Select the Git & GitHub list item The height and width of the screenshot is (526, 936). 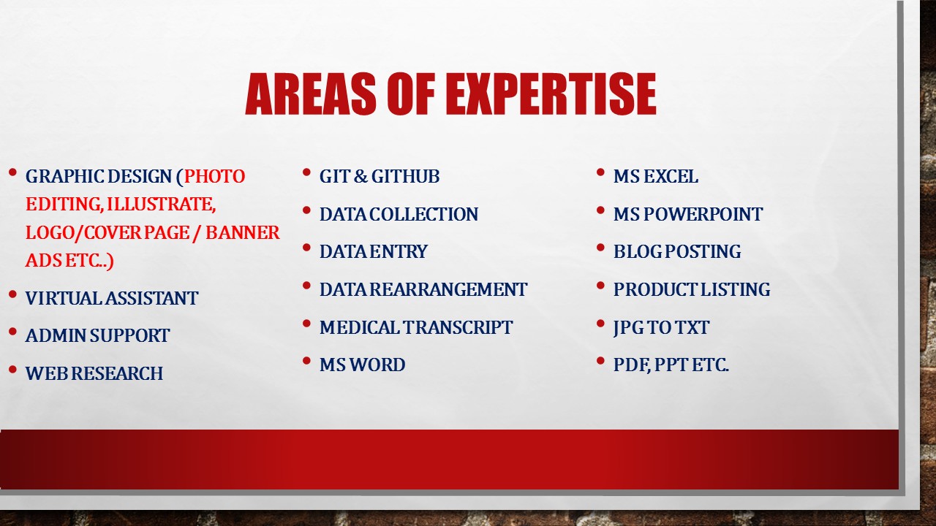(380, 177)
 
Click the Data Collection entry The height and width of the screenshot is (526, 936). (399, 215)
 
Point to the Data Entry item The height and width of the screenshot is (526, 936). (373, 252)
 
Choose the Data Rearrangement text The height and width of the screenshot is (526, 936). (423, 290)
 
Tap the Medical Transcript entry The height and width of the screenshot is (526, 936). (416, 328)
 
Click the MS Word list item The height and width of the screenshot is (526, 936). (362, 365)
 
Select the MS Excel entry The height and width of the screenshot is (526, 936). (655, 177)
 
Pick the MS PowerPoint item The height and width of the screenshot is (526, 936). (687, 215)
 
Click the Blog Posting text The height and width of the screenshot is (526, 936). (676, 252)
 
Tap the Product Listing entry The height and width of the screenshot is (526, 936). (691, 290)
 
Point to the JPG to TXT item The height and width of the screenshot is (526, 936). (661, 328)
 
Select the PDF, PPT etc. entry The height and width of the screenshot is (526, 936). (671, 365)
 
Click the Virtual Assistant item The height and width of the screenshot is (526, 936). (111, 299)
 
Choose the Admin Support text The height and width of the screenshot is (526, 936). (97, 336)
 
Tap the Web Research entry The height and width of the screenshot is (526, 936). (94, 374)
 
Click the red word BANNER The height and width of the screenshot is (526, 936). (242, 233)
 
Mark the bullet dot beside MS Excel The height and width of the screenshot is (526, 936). (600, 173)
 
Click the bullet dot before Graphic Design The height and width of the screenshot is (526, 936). (12, 173)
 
